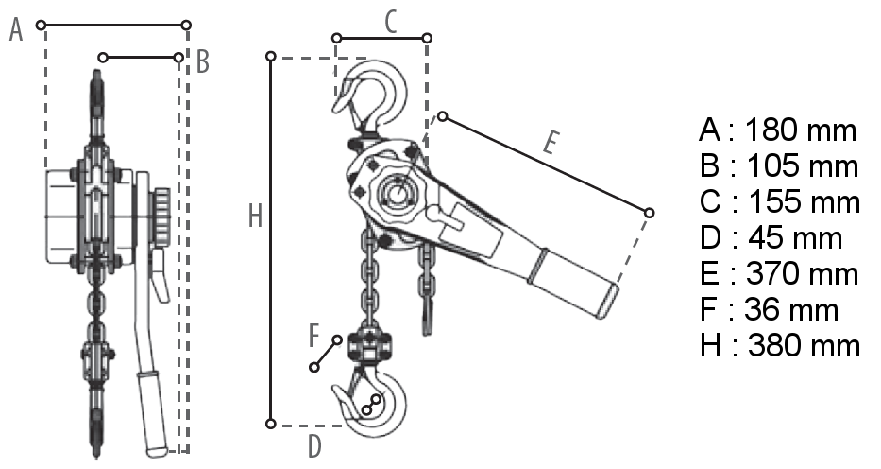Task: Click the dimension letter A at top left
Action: tap(16, 30)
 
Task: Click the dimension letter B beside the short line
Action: tap(203, 61)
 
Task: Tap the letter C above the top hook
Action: tap(391, 23)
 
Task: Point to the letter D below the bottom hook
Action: tap(314, 446)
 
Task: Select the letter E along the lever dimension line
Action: tap(551, 142)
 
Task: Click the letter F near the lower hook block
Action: tap(314, 336)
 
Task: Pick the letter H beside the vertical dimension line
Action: tap(256, 216)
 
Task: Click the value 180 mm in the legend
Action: tap(800, 130)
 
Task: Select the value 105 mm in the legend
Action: tap(803, 165)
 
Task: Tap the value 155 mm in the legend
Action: tap(805, 202)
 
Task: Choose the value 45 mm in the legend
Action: tap(795, 238)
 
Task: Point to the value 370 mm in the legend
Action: tap(803, 274)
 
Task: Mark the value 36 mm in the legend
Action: tap(791, 310)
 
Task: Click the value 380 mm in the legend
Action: tap(804, 345)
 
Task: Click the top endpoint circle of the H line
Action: tap(271, 56)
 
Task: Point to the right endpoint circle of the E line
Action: tap(649, 213)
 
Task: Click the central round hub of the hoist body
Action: tap(398, 195)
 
